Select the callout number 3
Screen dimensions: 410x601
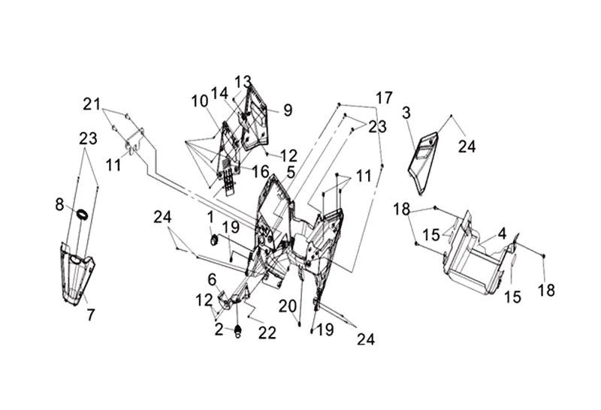coord(406,113)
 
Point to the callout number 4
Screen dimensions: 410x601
coord(501,233)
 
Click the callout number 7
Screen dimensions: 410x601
coord(90,315)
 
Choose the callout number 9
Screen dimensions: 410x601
coord(288,110)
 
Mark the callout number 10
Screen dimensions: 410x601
coord(198,101)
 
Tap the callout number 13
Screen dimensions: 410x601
coord(243,81)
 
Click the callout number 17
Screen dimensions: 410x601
coord(384,98)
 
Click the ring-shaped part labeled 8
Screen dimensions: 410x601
coord(82,216)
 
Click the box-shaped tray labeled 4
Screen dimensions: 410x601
coord(473,255)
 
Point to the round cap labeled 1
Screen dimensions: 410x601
coord(213,240)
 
